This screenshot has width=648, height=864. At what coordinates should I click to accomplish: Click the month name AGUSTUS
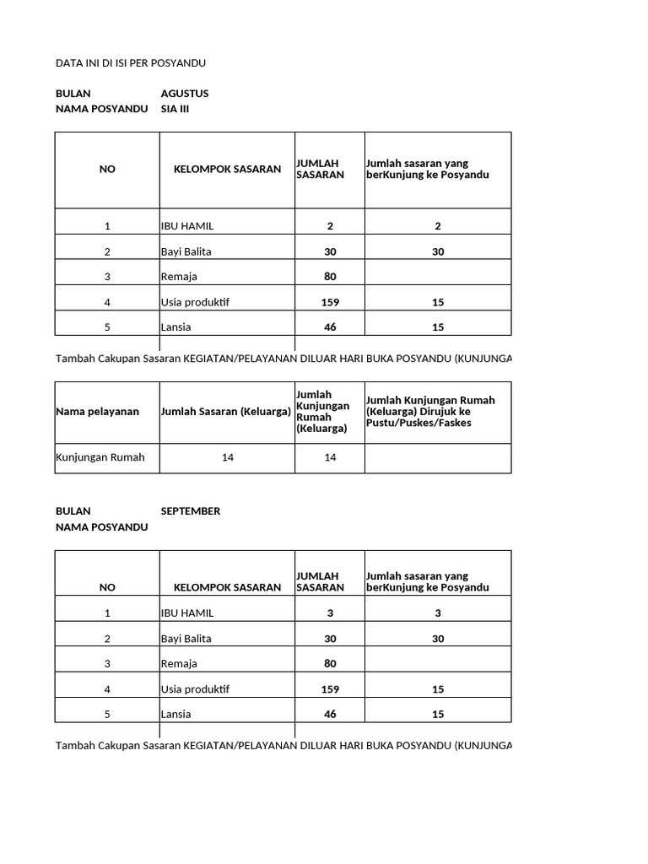[x=184, y=93]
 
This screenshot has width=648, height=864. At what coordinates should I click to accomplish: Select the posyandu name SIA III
[x=175, y=109]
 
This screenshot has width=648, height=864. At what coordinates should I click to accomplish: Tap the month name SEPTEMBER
[x=191, y=511]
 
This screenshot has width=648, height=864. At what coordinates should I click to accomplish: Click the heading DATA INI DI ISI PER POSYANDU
[x=131, y=63]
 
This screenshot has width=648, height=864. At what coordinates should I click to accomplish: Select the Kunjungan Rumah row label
[x=100, y=457]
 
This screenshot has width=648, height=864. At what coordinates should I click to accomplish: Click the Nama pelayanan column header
[x=96, y=412]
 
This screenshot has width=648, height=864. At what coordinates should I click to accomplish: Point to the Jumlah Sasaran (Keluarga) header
[x=226, y=412]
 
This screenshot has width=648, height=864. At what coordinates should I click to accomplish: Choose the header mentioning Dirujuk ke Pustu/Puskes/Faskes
[x=430, y=411]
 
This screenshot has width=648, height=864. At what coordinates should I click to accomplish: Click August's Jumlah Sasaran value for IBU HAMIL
[x=330, y=226]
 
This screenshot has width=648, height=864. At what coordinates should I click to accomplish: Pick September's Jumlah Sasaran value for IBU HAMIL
[x=330, y=613]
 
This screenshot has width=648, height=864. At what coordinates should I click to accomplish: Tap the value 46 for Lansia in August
[x=330, y=327]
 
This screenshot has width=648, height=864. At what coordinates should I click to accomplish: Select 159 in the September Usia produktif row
[x=330, y=689]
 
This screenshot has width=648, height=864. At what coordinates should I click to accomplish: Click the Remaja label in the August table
[x=180, y=277]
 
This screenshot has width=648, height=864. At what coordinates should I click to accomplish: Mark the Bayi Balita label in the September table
[x=186, y=639]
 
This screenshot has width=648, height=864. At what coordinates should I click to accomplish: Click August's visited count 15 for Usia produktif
[x=438, y=302]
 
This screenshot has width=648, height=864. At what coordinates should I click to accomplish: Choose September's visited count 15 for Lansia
[x=438, y=715]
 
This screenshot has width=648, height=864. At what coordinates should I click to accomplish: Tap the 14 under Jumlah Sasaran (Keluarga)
[x=227, y=457]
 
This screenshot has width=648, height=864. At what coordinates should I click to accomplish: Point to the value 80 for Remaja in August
[x=330, y=277]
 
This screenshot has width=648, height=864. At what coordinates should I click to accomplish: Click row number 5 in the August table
[x=107, y=327]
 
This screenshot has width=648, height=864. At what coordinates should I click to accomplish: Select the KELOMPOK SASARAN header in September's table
[x=227, y=587]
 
